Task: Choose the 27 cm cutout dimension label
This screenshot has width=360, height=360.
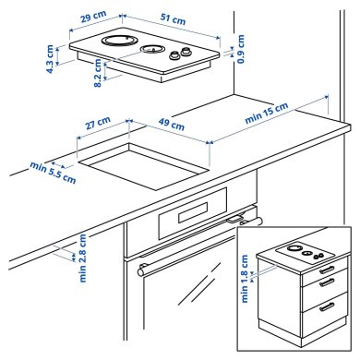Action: pyautogui.click(x=97, y=122)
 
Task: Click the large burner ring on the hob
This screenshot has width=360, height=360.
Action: pyautogui.click(x=117, y=42)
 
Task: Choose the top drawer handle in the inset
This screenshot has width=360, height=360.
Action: pyautogui.click(x=325, y=270)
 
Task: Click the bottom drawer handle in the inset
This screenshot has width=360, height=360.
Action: pyautogui.click(x=325, y=306)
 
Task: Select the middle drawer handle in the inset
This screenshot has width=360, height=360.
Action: pyautogui.click(x=325, y=284)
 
